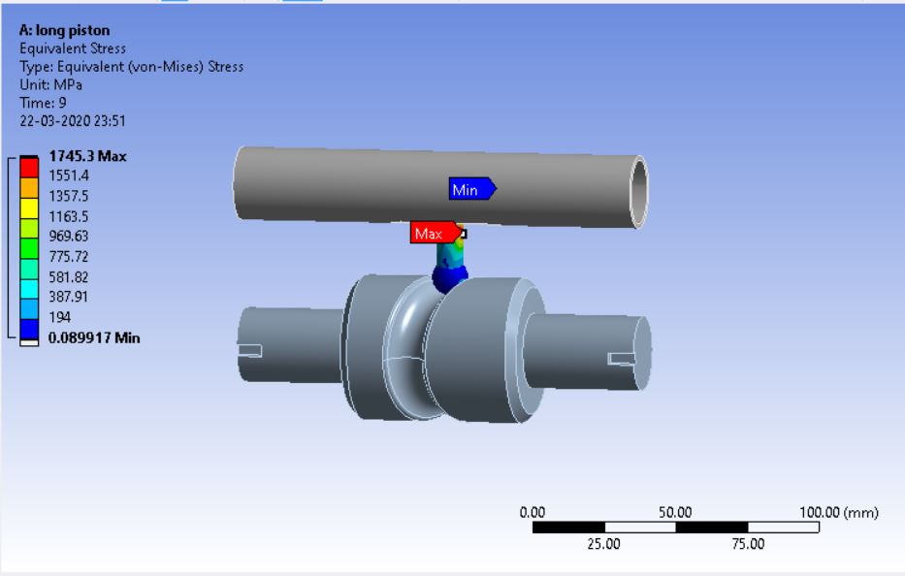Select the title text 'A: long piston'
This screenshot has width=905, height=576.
[64, 30]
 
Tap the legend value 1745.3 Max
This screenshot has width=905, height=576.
[88, 155]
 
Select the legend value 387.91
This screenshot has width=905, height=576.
[70, 297]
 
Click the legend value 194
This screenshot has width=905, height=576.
[60, 317]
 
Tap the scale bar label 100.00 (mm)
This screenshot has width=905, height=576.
[838, 512]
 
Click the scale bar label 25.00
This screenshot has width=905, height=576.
[604, 544]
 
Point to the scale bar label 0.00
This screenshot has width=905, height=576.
[533, 512]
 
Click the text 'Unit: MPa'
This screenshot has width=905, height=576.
[49, 84]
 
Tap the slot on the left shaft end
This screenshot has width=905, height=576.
[251, 350]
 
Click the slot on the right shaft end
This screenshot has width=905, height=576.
[622, 359]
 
